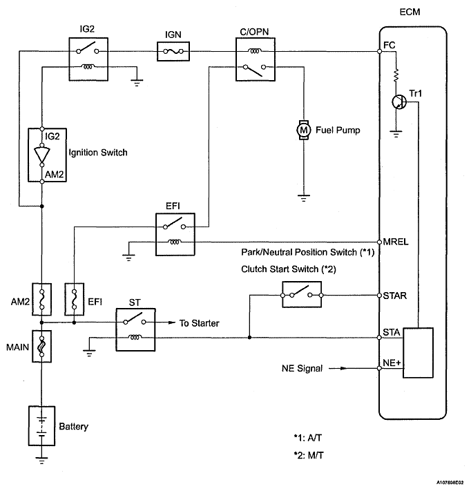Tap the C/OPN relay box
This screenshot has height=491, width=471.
point(255,59)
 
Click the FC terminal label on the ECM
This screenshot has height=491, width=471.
point(389,45)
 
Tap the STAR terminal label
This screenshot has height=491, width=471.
point(394,296)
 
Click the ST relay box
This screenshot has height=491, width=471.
point(136,328)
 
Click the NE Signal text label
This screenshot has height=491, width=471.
point(302,369)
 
